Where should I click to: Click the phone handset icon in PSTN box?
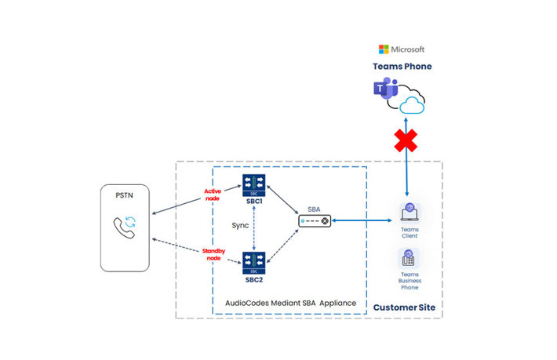(123, 225)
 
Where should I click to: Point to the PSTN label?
(124, 195)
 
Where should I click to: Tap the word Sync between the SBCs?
(241, 225)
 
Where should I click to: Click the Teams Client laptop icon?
(409, 213)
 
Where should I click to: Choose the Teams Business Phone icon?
(409, 258)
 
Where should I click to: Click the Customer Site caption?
(402, 306)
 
